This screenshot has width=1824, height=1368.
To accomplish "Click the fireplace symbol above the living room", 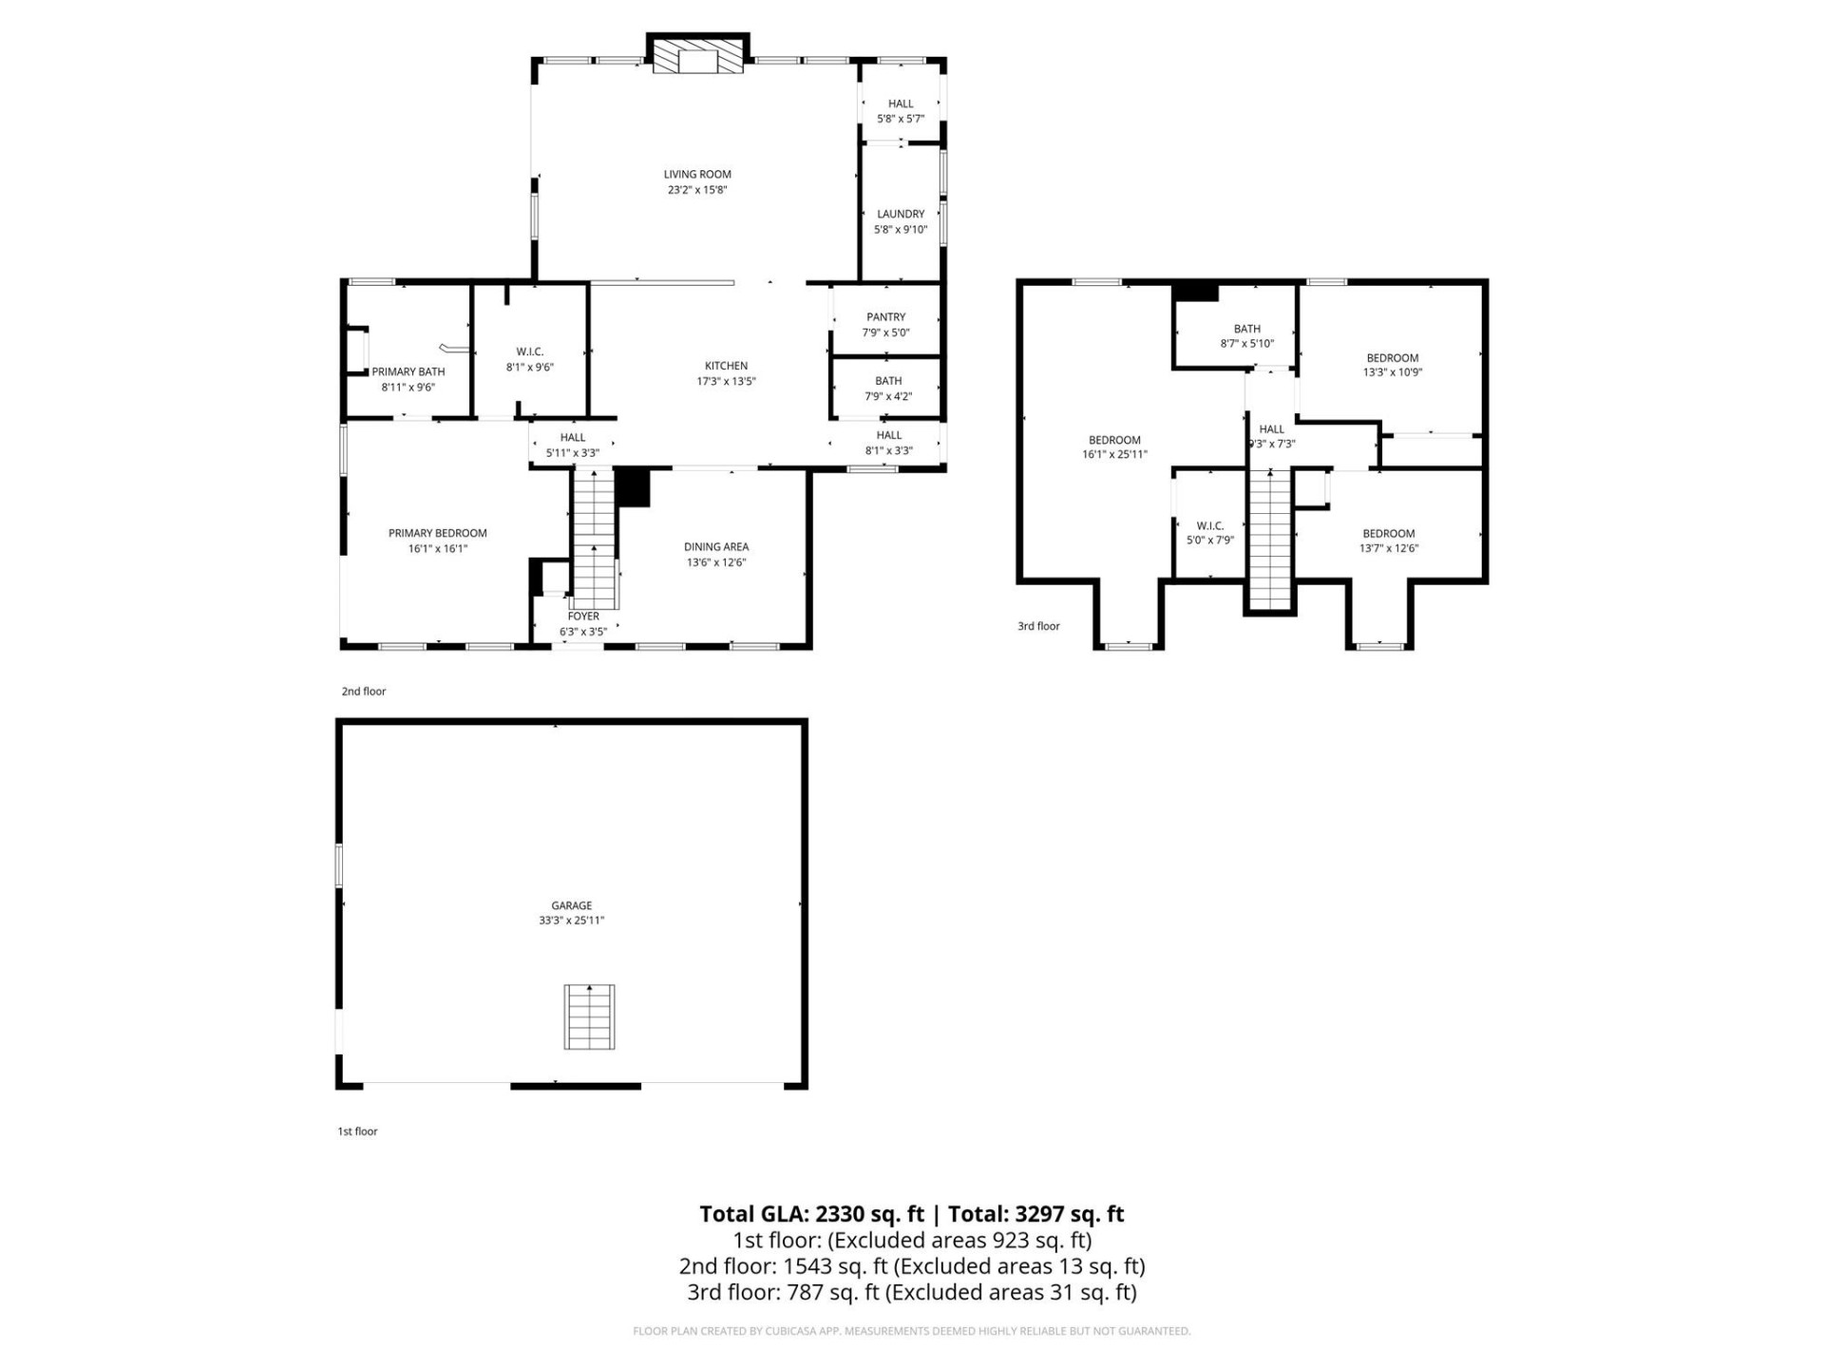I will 697,56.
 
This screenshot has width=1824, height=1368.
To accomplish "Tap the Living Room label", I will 697,174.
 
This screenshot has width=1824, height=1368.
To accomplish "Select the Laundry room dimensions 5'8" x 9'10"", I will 901,230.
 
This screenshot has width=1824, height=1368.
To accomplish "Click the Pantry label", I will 885,317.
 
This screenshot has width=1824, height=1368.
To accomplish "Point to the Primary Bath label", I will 408,371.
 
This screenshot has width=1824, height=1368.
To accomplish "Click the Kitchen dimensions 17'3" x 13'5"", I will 726,382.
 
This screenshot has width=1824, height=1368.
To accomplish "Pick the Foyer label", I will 583,617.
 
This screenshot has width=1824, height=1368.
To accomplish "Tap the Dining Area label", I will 716,547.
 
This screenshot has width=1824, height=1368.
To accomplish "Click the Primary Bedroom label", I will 437,533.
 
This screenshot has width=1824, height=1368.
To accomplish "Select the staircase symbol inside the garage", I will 589,1016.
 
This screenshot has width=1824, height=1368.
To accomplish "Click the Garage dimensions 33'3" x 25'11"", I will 571,921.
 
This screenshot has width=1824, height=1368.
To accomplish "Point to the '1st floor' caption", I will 357,1131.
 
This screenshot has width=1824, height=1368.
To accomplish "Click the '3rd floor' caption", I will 1038,626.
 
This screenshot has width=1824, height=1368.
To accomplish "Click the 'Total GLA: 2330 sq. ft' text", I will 811,1214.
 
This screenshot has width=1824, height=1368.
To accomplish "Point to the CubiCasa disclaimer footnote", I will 911,1331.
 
